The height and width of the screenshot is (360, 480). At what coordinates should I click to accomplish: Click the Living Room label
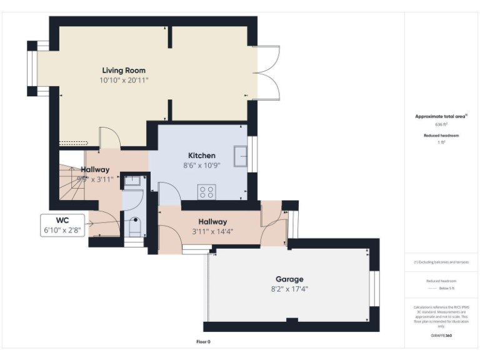coord(124,71)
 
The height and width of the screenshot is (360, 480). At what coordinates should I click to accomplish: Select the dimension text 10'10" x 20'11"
coord(124,81)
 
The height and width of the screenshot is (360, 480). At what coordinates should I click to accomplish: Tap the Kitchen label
coord(201,156)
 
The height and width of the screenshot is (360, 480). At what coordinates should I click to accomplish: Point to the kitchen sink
coord(241,156)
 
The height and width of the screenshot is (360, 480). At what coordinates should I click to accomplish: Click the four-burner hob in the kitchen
coord(207,192)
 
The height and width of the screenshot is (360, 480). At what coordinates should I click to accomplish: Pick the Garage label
coord(289,279)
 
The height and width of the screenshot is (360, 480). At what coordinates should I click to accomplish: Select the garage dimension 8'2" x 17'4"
coord(289,289)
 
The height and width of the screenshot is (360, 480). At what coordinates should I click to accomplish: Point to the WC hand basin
coord(132,181)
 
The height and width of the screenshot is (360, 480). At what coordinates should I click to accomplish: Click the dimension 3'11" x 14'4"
coord(212,231)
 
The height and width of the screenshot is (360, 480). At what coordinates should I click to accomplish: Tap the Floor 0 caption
coord(204,342)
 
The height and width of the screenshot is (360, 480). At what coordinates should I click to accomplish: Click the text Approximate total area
coord(441,116)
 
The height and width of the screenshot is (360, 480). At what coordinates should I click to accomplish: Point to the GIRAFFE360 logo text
coord(441,336)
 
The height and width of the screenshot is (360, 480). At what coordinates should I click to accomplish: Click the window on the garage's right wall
coord(374,289)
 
